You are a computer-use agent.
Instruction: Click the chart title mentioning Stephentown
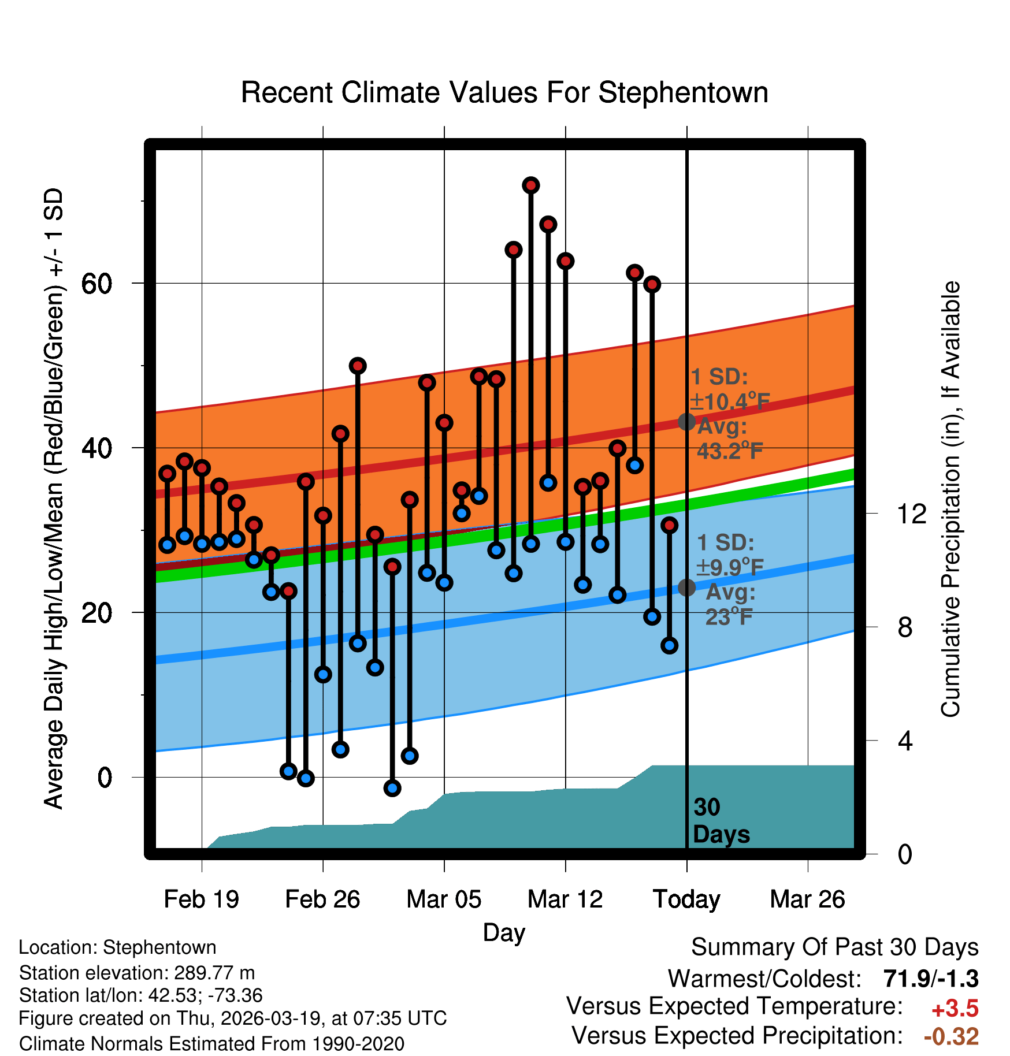(504, 93)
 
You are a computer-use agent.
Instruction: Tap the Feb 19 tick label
(201, 899)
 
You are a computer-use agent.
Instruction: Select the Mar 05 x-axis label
(444, 899)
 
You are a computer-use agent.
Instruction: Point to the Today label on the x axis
(686, 899)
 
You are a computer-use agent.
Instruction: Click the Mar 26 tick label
(807, 899)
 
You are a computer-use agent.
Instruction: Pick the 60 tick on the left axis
(96, 283)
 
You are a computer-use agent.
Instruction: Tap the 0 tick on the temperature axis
(105, 778)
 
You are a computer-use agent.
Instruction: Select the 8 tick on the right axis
(905, 627)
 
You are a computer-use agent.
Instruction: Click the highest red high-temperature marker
(531, 185)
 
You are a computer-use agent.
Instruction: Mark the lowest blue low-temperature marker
(392, 788)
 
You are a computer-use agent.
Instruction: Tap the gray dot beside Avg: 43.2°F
(686, 422)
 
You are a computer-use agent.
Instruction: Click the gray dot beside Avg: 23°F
(686, 588)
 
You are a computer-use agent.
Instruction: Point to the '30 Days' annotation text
(721, 821)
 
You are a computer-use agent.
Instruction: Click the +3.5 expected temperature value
(955, 1009)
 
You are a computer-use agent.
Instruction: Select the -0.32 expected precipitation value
(951, 1036)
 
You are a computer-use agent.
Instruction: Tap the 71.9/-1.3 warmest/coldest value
(930, 979)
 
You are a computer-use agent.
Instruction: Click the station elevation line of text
(137, 973)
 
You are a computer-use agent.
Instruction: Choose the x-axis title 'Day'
(504, 932)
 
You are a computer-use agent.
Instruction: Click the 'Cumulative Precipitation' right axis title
(950, 499)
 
